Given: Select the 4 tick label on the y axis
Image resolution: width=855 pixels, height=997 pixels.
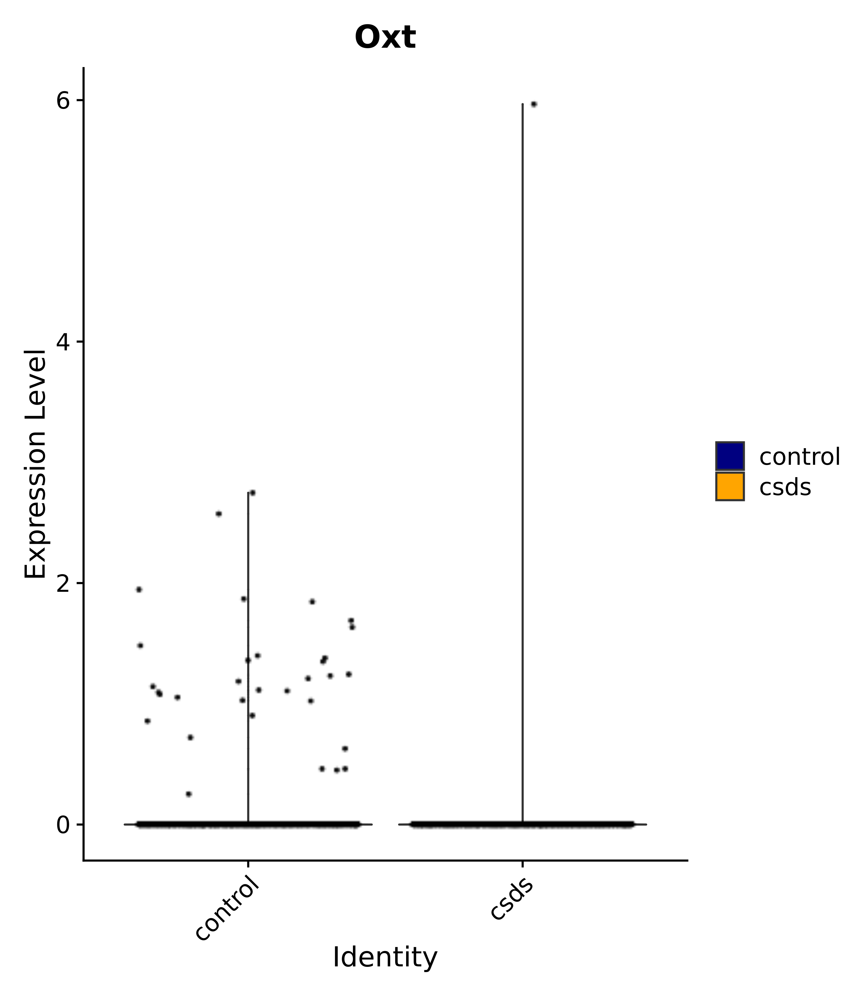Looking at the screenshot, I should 63,342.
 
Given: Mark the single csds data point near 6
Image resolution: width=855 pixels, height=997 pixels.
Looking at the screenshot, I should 533,104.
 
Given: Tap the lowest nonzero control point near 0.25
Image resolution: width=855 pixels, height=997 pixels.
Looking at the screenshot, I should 189,794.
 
